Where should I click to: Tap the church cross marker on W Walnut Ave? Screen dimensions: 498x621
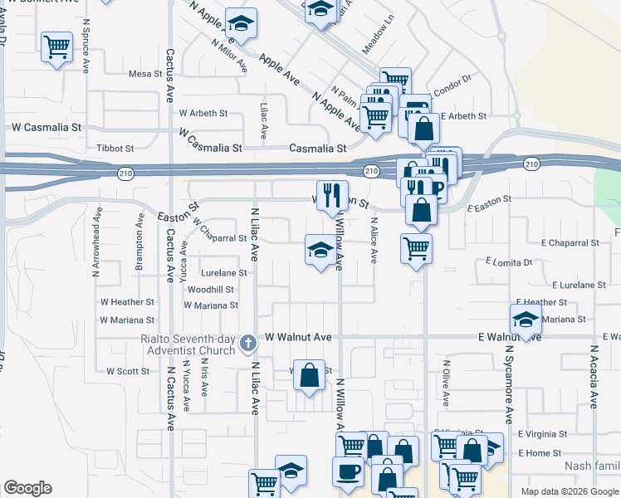tap(247, 343)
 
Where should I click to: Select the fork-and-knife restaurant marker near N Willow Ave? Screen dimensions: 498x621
tap(332, 196)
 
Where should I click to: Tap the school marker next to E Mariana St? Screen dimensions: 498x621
tap(526, 319)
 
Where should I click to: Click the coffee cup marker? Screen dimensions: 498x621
tap(348, 471)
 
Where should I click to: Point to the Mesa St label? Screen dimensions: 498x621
tap(145, 74)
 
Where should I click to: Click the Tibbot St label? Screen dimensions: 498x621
tap(115, 148)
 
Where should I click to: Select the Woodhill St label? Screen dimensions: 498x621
tap(210, 290)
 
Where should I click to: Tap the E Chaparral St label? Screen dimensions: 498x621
tap(570, 243)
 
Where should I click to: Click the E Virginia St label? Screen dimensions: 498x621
tap(542, 433)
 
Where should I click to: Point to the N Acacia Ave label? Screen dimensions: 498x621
tap(594, 378)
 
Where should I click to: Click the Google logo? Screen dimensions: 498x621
tap(27, 488)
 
